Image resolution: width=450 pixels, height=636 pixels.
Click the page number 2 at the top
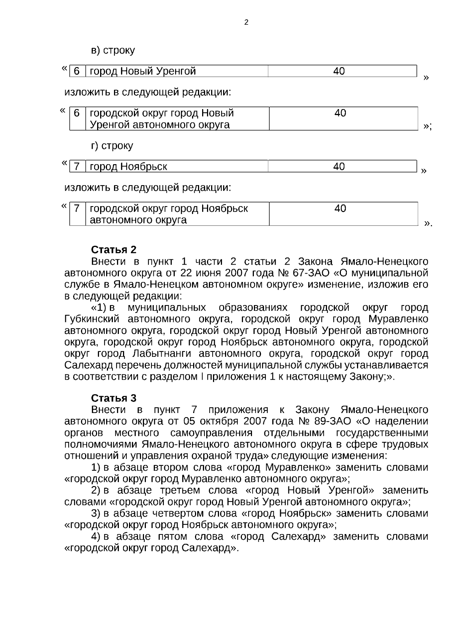click(246, 22)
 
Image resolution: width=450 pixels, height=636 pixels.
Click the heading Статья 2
click(114, 250)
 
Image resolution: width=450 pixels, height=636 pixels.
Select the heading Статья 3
click(114, 398)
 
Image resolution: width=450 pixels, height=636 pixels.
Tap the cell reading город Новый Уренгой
click(143, 71)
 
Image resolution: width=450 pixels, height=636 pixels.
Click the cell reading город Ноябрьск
click(129, 166)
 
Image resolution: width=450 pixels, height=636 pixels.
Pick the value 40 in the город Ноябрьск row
click(339, 166)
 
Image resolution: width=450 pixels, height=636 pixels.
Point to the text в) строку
click(113, 50)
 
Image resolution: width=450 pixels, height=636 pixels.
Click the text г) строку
click(112, 145)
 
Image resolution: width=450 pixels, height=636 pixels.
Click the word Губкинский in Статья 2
click(92, 319)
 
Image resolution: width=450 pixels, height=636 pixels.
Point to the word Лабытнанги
click(162, 354)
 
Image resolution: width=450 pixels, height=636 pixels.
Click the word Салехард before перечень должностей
click(88, 365)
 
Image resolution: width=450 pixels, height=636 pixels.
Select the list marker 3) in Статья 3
click(96, 513)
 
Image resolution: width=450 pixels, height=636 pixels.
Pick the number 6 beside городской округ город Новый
click(76, 113)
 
